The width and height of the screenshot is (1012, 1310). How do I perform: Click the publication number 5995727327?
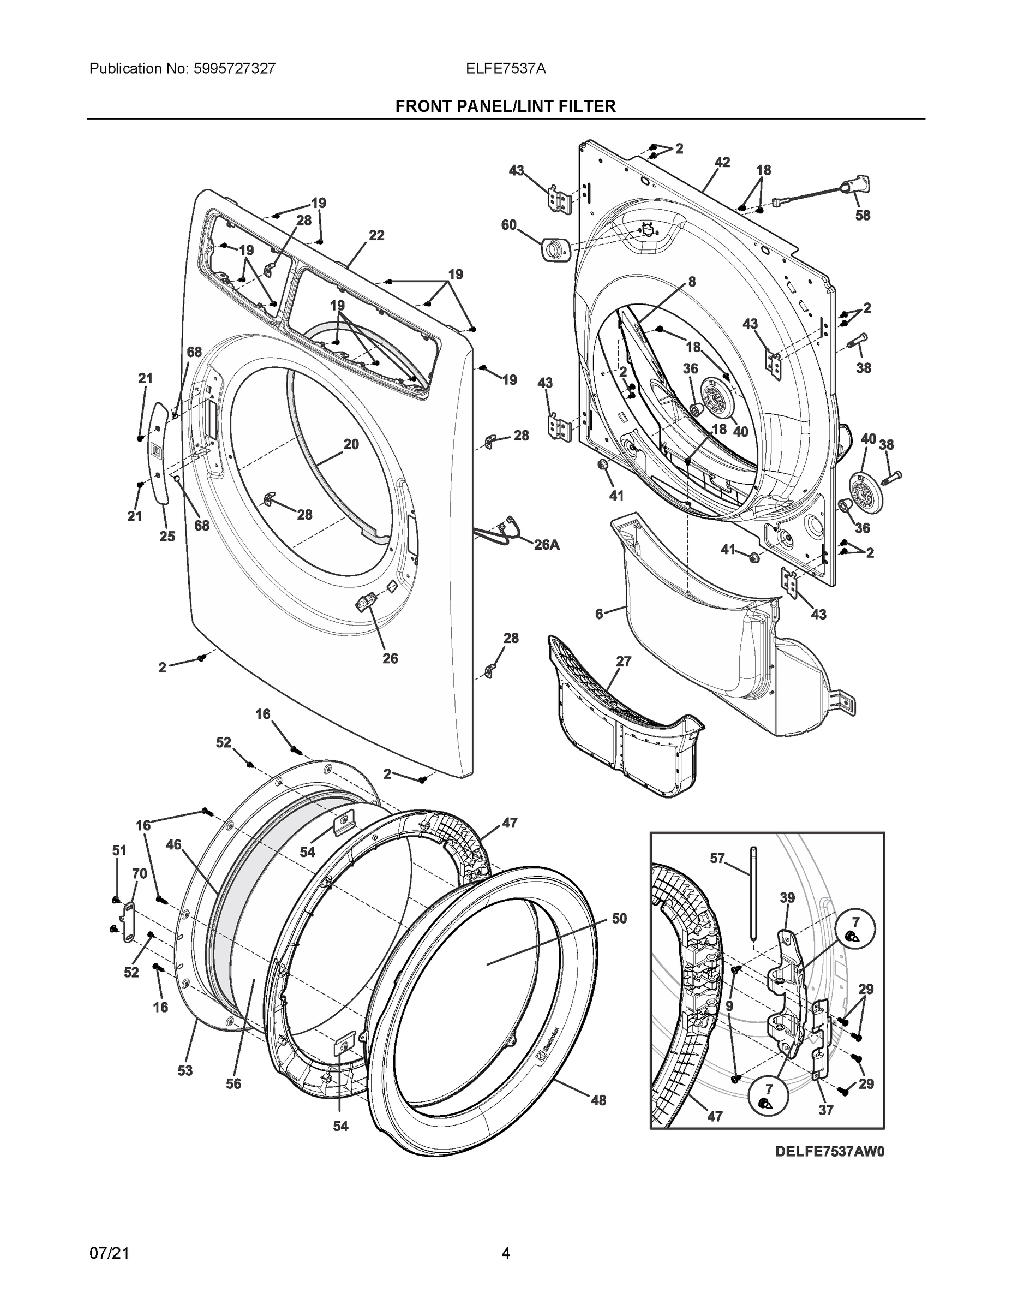pyautogui.click(x=235, y=69)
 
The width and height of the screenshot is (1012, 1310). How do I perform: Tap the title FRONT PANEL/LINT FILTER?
pyautogui.click(x=505, y=107)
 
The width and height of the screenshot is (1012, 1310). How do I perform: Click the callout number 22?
pyautogui.click(x=376, y=236)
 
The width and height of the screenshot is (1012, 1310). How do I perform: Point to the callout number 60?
pyautogui.click(x=508, y=225)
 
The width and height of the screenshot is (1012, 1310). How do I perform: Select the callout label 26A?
pyautogui.click(x=546, y=545)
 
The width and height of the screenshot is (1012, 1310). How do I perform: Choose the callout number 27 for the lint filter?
pyautogui.click(x=624, y=662)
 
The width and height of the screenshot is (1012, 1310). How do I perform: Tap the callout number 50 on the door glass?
pyautogui.click(x=619, y=918)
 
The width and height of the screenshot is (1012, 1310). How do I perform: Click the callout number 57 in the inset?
pyautogui.click(x=717, y=859)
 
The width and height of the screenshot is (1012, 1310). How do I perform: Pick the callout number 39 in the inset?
pyautogui.click(x=787, y=898)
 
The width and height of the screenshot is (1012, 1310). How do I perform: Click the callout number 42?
pyautogui.click(x=722, y=162)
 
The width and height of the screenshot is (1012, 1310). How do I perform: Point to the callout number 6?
pyautogui.click(x=599, y=614)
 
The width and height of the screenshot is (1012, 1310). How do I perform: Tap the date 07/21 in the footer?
pyautogui.click(x=109, y=1253)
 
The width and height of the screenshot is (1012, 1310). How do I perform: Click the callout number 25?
pyautogui.click(x=167, y=536)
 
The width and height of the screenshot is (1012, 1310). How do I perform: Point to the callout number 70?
pyautogui.click(x=139, y=874)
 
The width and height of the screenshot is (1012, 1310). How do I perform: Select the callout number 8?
pyautogui.click(x=691, y=281)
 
